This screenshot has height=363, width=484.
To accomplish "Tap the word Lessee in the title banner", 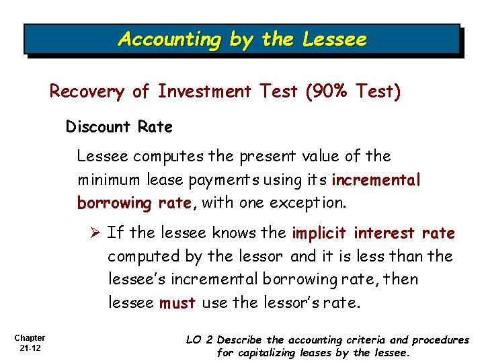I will click(335, 40).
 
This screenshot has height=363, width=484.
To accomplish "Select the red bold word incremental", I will click(376, 179).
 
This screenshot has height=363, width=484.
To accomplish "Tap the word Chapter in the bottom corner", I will click(29, 338).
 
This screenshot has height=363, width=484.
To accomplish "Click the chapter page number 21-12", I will click(29, 348).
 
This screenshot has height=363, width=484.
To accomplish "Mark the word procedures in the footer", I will click(441, 340).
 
